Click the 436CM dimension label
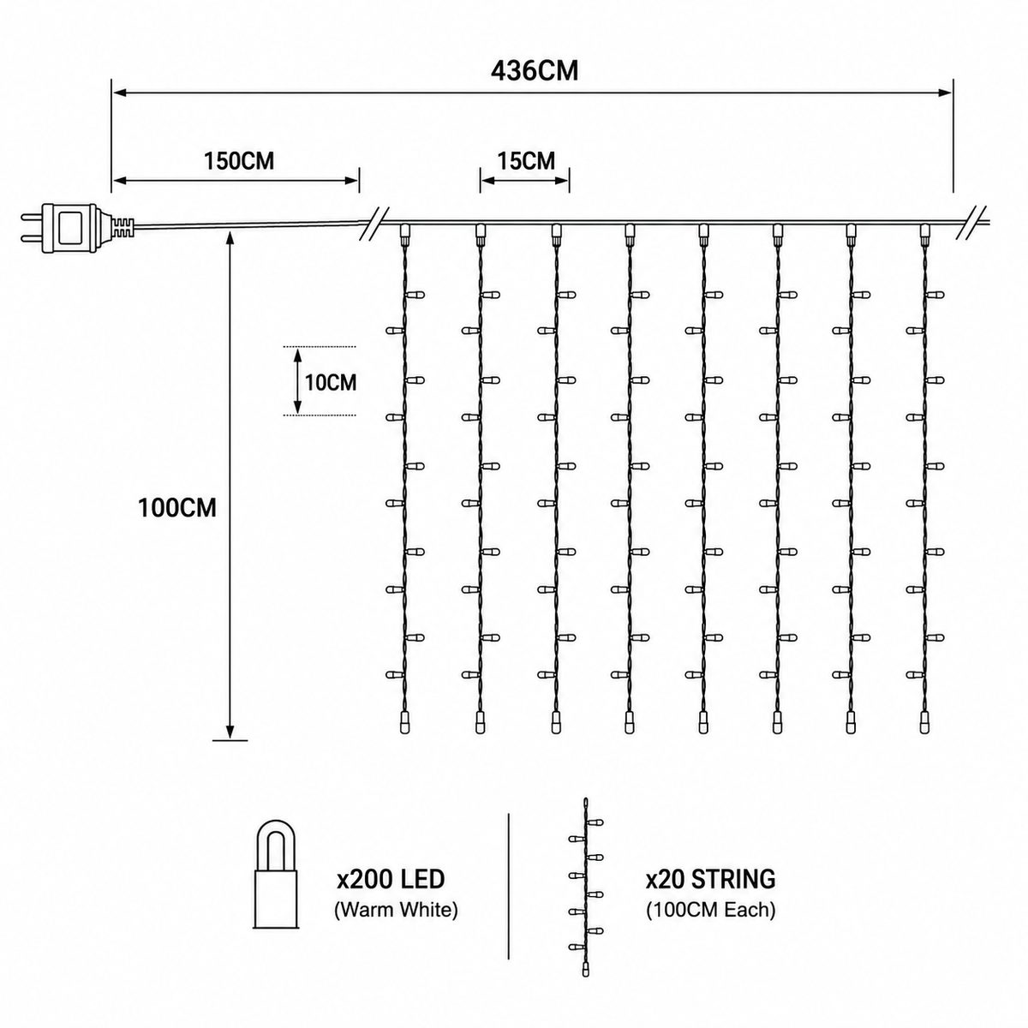click(x=535, y=71)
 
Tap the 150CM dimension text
click(x=239, y=160)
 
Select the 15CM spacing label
click(x=527, y=160)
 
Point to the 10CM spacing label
click(x=331, y=382)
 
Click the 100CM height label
click(x=177, y=508)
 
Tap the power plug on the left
click(x=69, y=230)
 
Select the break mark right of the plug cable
click(x=375, y=222)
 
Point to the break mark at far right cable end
click(x=972, y=222)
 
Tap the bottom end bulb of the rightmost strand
click(x=924, y=723)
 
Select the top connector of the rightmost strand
click(x=924, y=234)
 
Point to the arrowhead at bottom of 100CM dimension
click(x=230, y=732)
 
